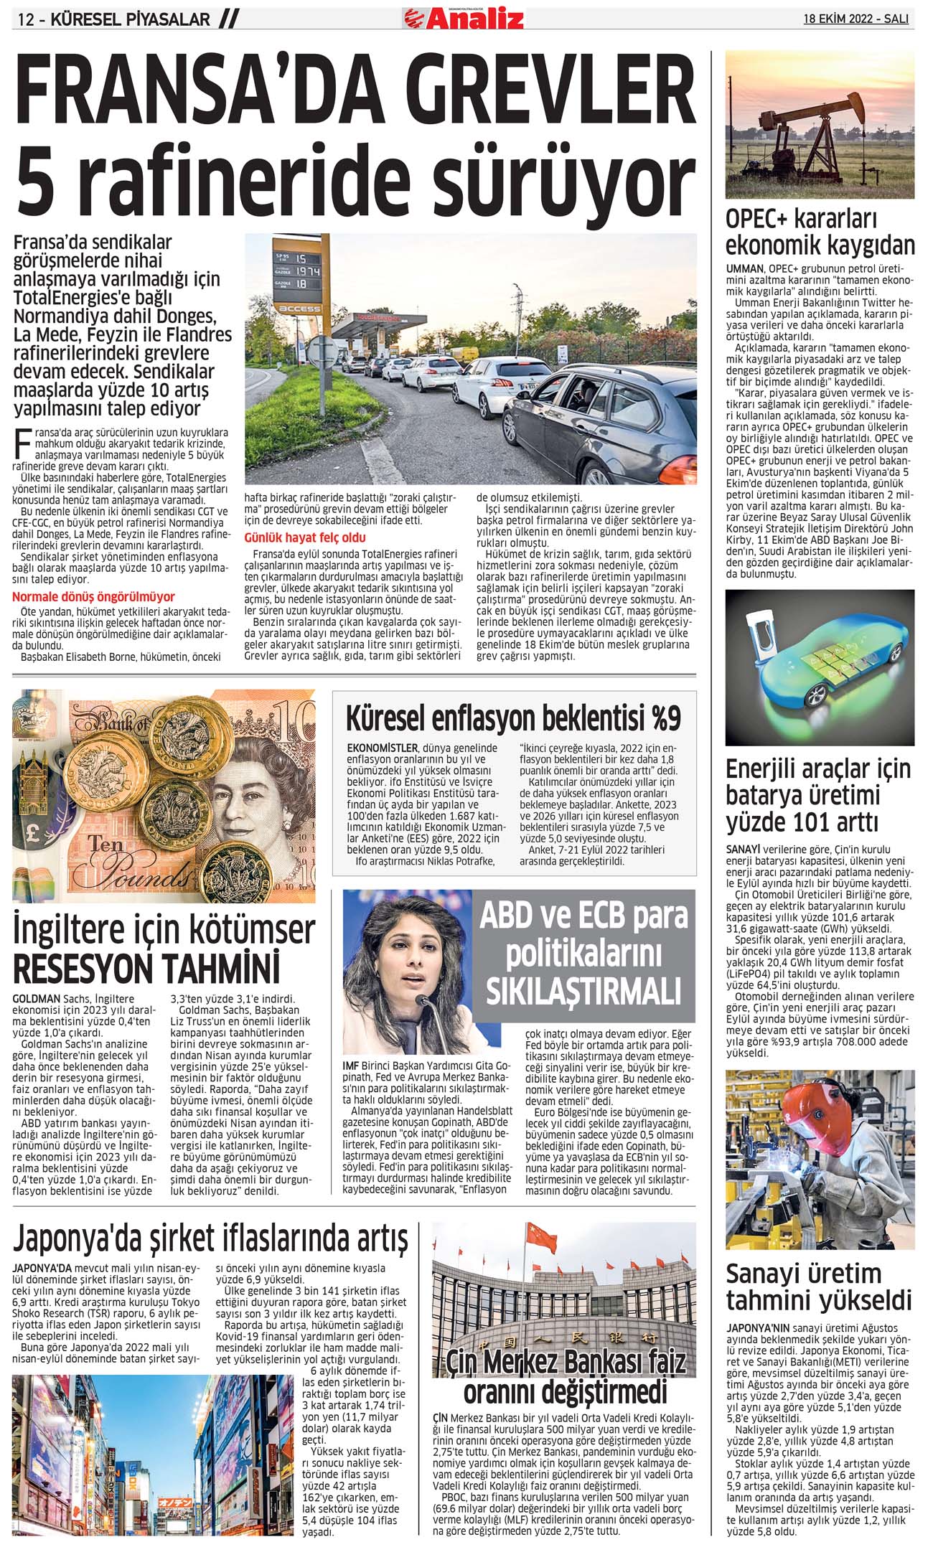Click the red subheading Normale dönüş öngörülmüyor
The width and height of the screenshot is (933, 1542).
coord(93,596)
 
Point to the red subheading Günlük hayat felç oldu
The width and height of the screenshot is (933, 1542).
coord(305,537)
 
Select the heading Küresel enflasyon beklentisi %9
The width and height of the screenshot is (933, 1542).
coord(513,718)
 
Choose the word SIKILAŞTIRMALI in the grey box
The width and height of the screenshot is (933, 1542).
coord(583,993)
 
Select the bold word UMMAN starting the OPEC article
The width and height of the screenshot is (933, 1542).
coord(745,268)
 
